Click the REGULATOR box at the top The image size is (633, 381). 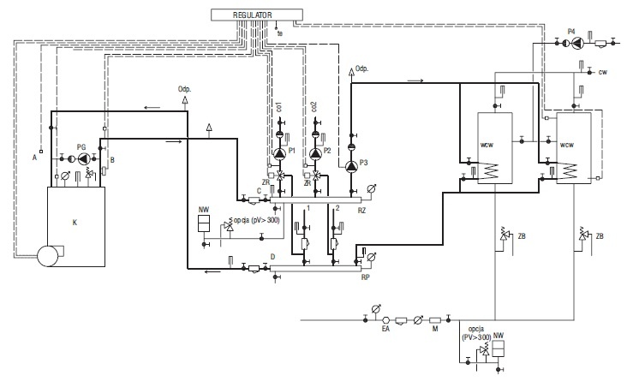tap(257, 15)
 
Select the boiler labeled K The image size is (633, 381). tap(76, 226)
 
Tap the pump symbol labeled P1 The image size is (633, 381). tap(279, 153)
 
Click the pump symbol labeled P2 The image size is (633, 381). tap(315, 153)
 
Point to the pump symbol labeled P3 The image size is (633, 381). tap(351, 166)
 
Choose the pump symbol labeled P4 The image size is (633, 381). tap(578, 42)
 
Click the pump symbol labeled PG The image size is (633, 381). tap(83, 158)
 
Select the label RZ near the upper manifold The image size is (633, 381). tap(361, 211)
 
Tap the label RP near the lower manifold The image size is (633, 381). tap(366, 277)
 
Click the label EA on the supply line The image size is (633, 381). tap(386, 329)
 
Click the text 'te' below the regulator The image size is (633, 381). tap(280, 33)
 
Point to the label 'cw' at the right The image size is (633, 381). tap(603, 72)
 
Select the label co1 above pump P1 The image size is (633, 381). tap(279, 107)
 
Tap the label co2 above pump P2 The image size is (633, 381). tap(314, 107)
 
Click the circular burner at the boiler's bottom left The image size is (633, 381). tap(48, 256)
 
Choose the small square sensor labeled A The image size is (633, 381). tap(41, 152)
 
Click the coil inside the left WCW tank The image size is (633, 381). tap(489, 170)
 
